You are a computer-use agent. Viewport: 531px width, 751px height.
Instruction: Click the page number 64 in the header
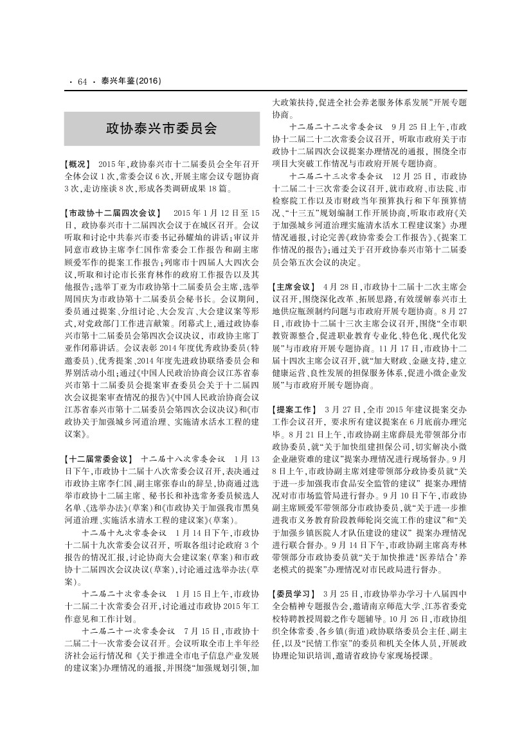pyautogui.click(x=82, y=82)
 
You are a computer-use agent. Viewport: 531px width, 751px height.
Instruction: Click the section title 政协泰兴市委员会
pyautogui.click(x=161, y=128)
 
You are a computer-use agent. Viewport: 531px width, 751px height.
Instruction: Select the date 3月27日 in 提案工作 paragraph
pyautogui.click(x=341, y=409)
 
